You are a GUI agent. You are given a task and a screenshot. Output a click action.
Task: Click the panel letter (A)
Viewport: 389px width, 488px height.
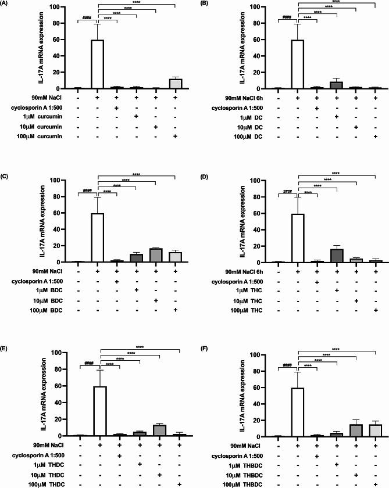click(8, 5)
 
